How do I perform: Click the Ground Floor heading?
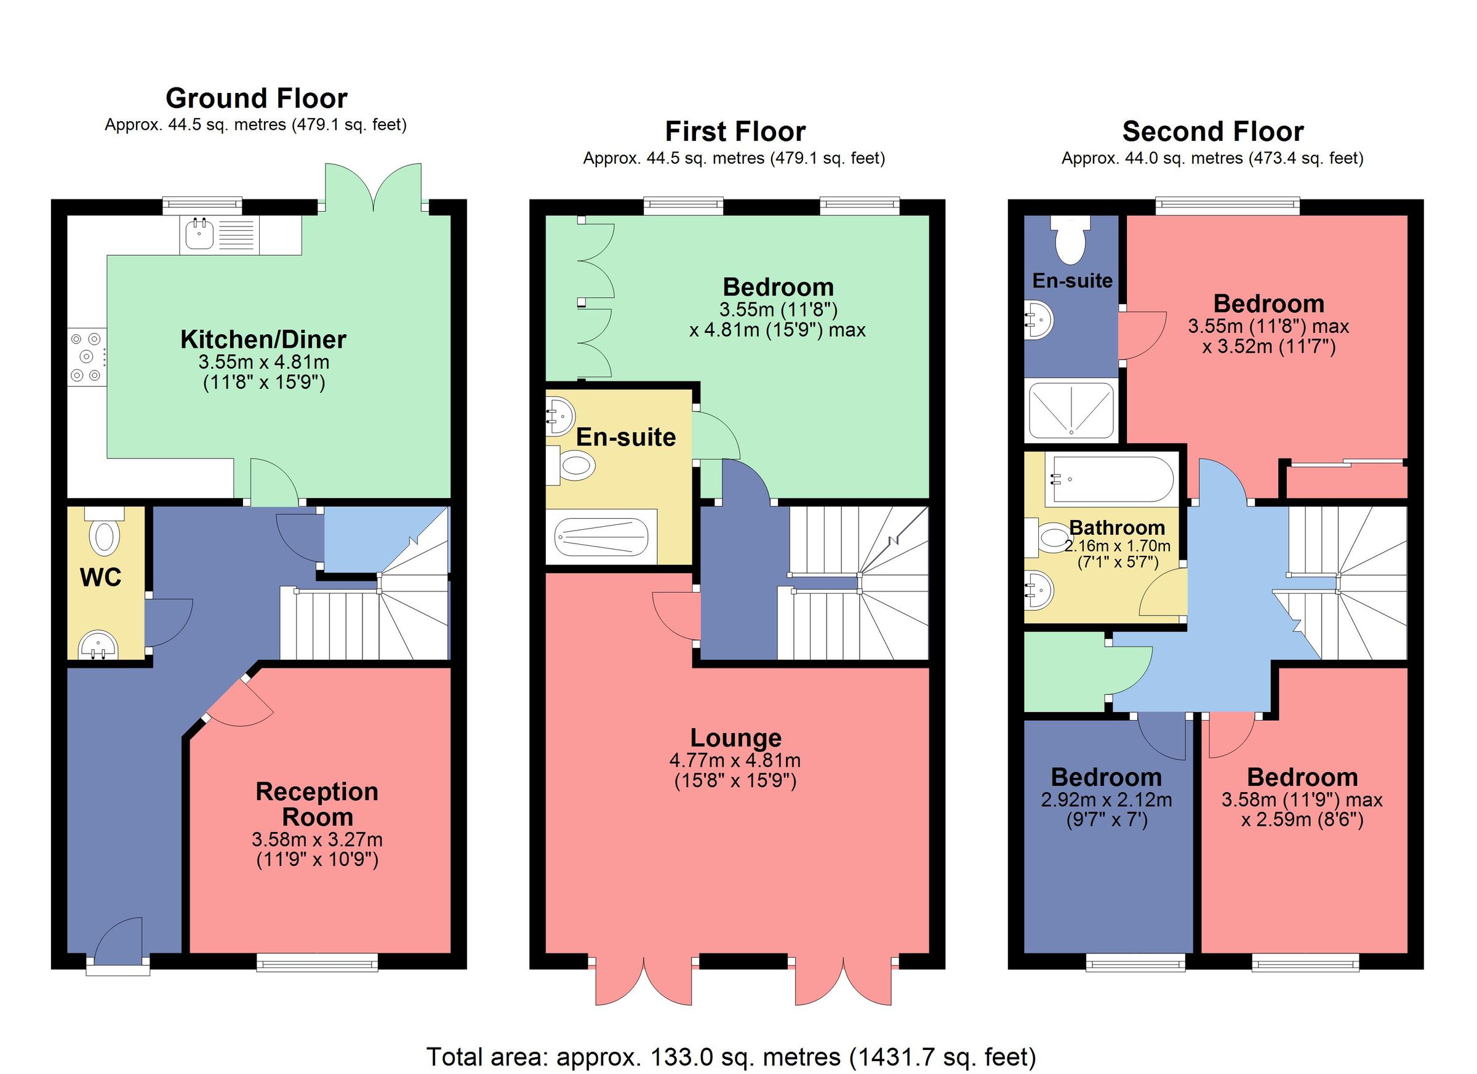256,98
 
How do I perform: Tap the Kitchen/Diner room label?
263,339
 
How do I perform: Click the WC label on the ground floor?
100,577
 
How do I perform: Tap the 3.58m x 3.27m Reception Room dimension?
316,840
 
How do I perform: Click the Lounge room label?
735,738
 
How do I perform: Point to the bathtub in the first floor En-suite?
601,537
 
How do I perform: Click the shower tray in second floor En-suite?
1071,411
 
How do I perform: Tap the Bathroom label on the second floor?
1116,527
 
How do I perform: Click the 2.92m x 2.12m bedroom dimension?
1106,799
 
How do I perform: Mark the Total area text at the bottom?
730,1056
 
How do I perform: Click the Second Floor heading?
1212,132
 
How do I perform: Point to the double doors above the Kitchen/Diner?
374,188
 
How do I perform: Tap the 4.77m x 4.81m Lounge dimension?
735,760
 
